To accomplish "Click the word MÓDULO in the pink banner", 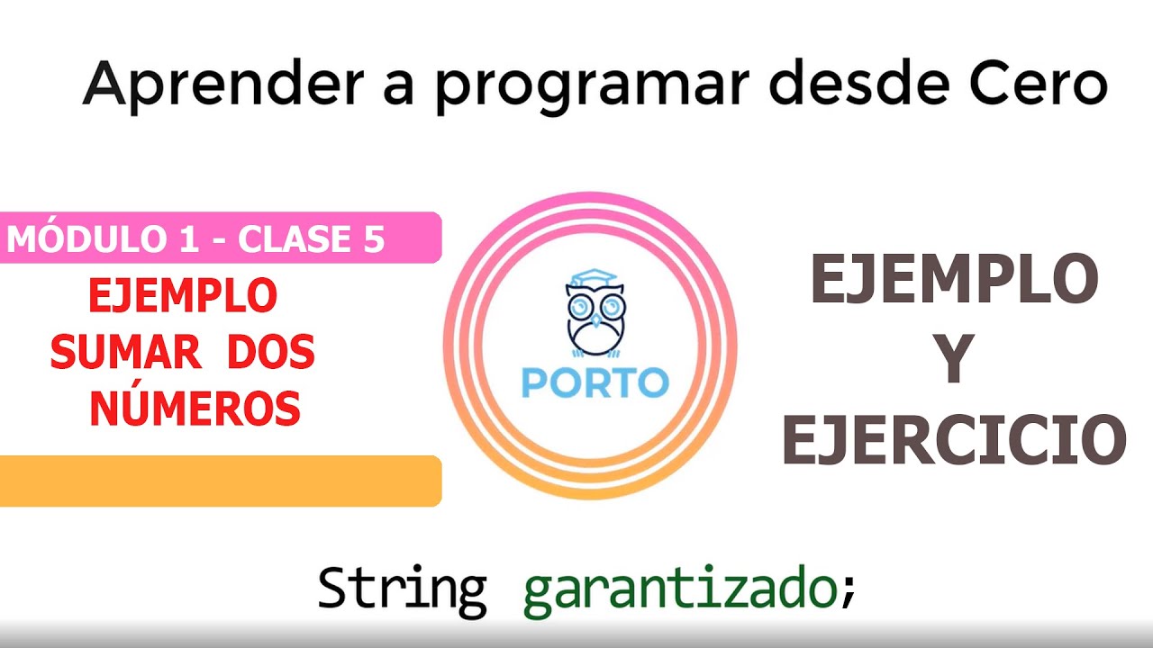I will (x=83, y=239).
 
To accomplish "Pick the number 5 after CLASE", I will (x=374, y=239).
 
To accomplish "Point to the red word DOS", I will (x=270, y=353).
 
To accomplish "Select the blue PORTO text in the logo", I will (x=595, y=382).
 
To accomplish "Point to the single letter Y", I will (x=954, y=361).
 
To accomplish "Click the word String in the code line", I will (x=402, y=589).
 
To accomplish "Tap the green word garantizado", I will (x=680, y=591).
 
